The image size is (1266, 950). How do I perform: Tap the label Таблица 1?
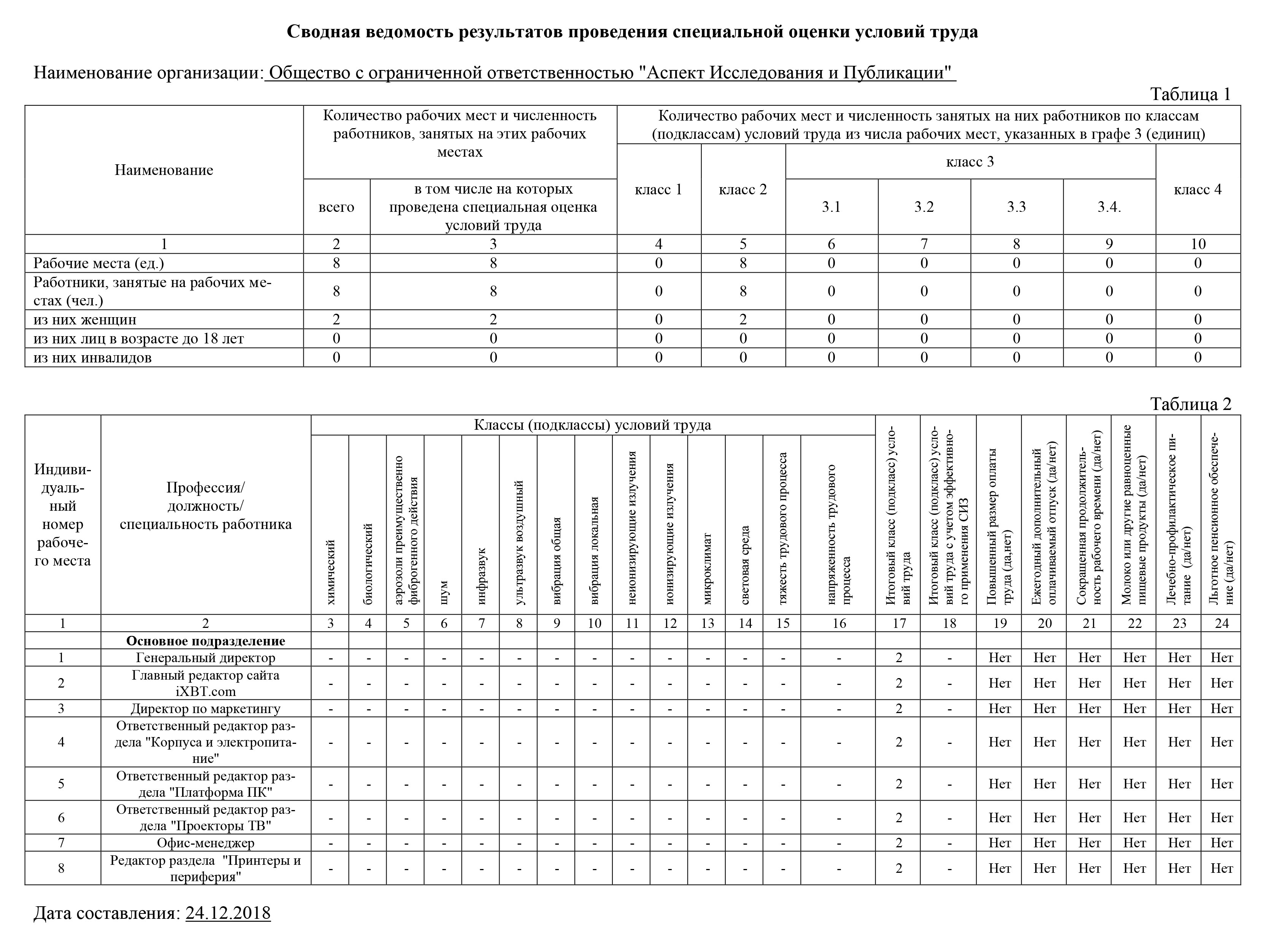click(1190, 94)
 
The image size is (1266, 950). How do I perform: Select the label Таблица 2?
click(1190, 404)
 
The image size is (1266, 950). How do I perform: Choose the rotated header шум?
click(444, 593)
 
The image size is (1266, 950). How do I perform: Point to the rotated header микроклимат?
click(708, 569)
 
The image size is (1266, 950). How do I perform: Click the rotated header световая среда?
click(745, 565)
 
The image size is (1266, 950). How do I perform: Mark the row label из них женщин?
click(85, 319)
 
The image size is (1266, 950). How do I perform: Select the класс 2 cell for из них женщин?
click(743, 319)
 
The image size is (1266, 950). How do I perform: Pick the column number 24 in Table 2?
click(1222, 624)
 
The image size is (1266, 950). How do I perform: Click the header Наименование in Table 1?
click(164, 170)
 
